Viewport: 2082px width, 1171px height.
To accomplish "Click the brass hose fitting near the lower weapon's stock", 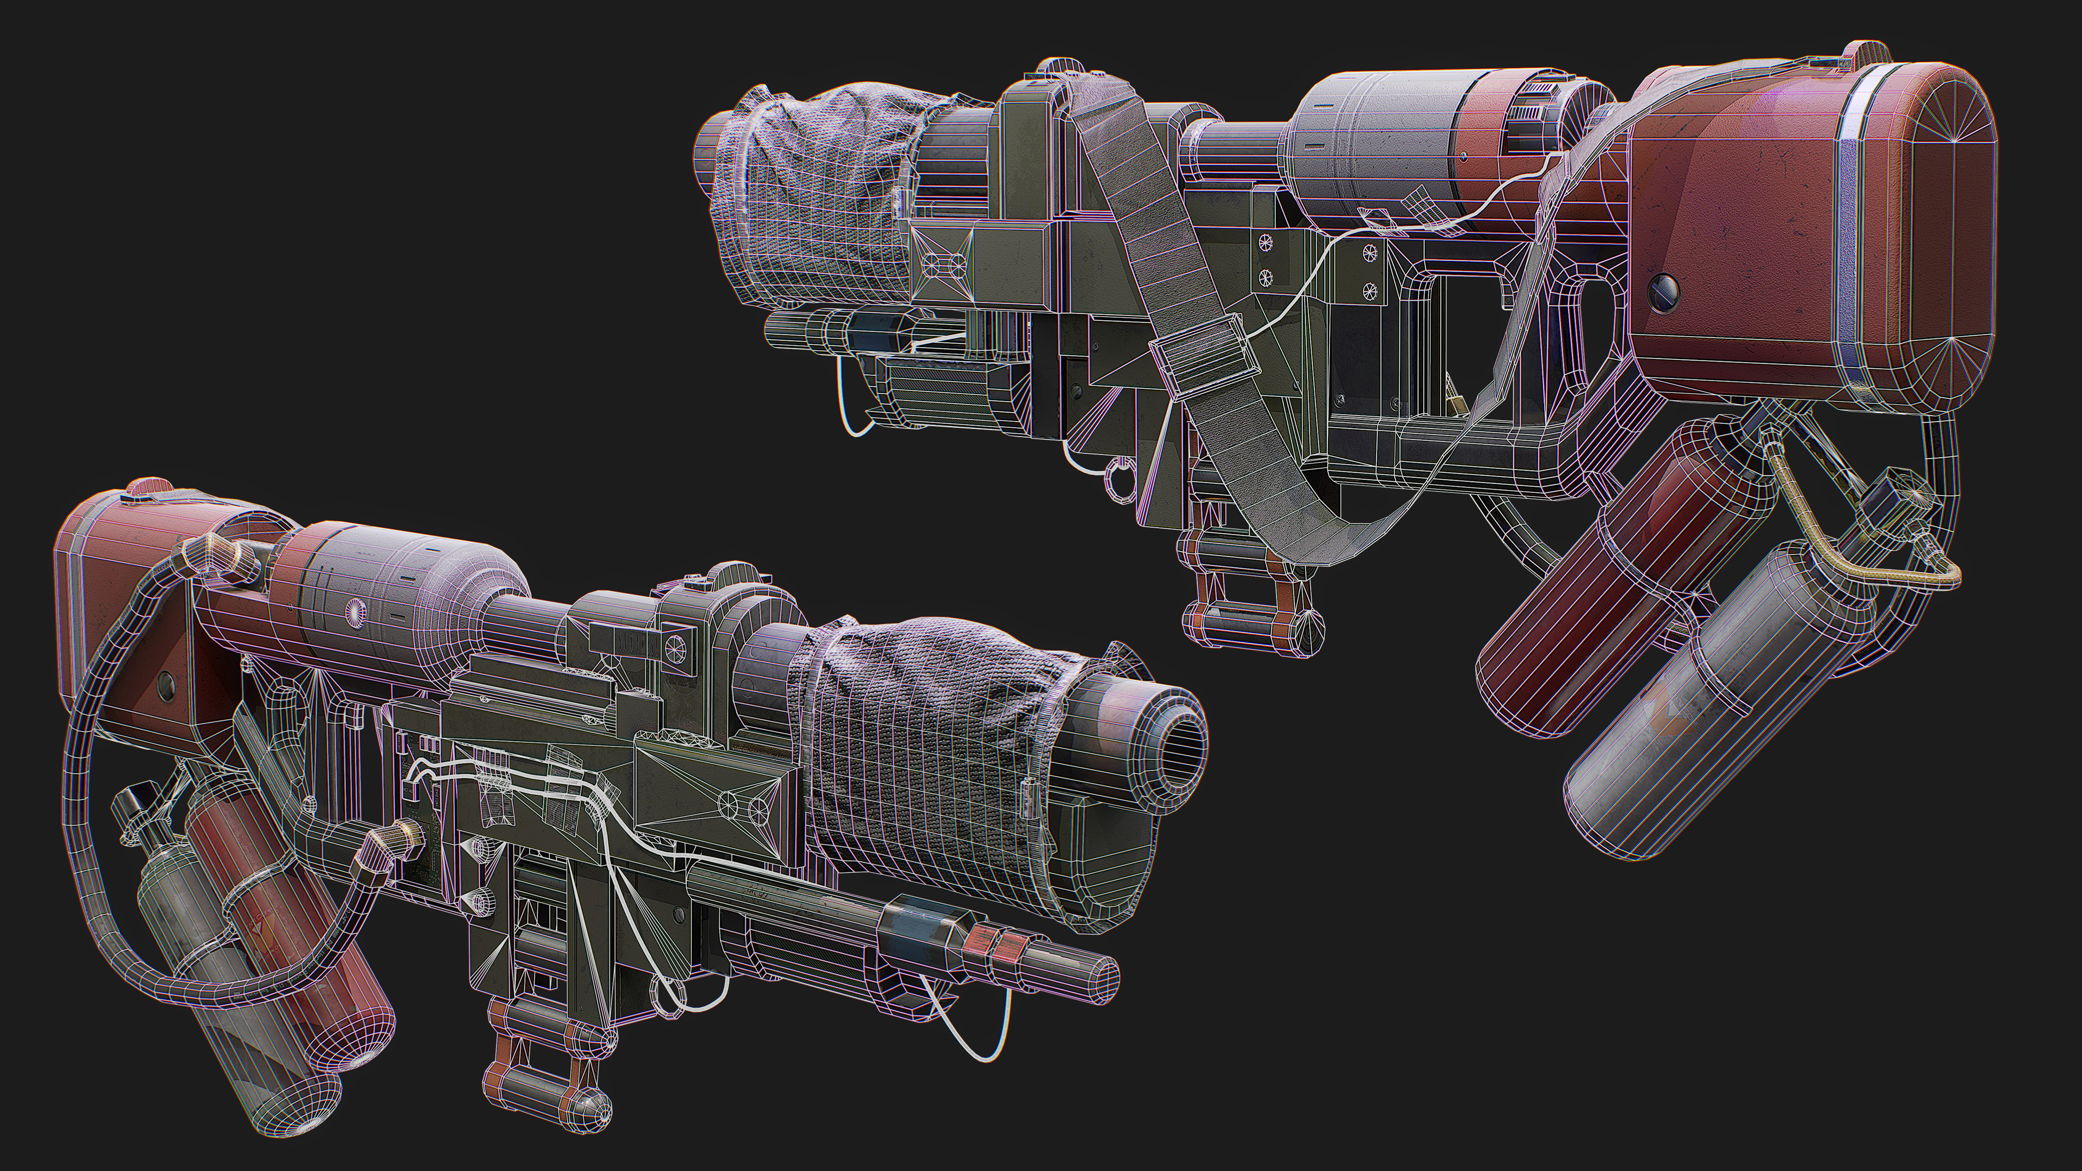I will point(404,845).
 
